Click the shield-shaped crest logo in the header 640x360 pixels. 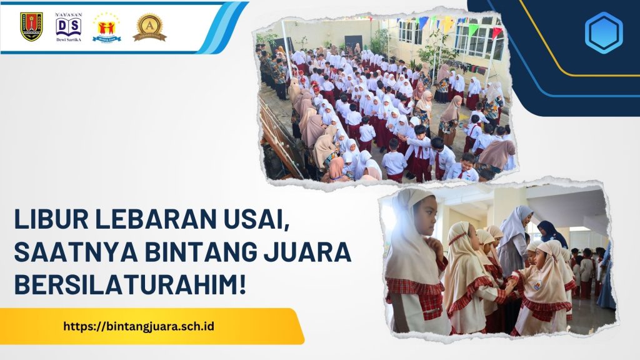click(x=31, y=26)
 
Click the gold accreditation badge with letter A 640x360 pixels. click(x=149, y=27)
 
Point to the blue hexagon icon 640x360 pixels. click(x=603, y=32)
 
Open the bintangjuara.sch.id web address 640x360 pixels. click(x=139, y=326)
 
